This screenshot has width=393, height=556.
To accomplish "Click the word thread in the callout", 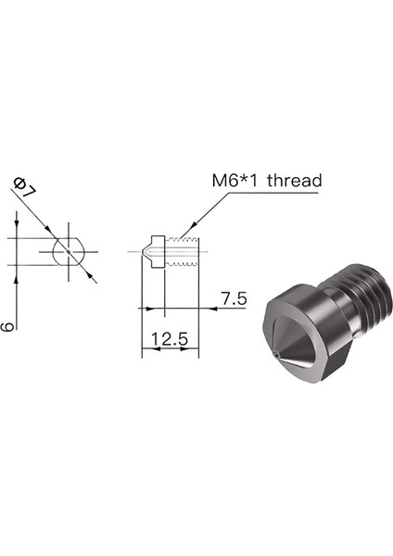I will point(295,181).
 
